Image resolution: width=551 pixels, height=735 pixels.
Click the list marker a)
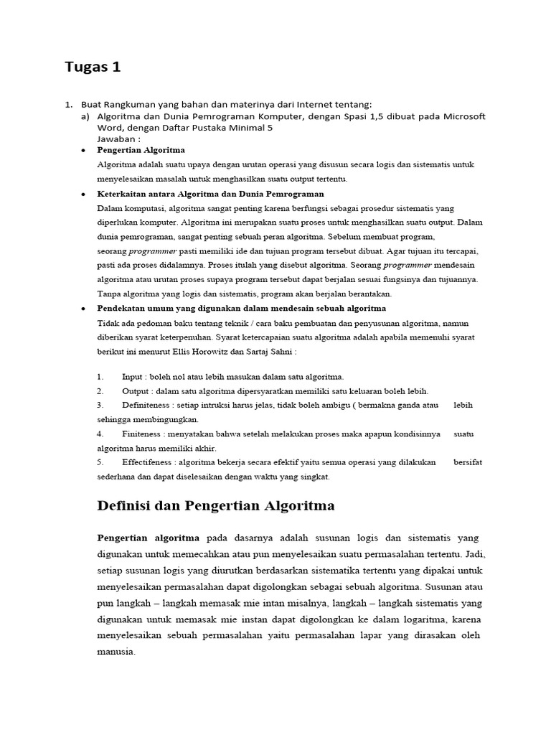coord(85,116)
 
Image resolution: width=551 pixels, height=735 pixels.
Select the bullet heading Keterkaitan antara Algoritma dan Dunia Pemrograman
coord(210,194)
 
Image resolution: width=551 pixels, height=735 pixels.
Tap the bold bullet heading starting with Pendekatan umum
coord(241,308)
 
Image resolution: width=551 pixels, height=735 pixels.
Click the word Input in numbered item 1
coord(132,377)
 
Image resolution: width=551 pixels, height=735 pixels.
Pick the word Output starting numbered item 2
coord(136,391)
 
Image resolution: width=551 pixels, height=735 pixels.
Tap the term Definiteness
coord(147,406)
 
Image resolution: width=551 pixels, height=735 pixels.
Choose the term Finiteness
coord(141,434)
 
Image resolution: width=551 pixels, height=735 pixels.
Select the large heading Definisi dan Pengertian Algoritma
coord(215,506)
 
